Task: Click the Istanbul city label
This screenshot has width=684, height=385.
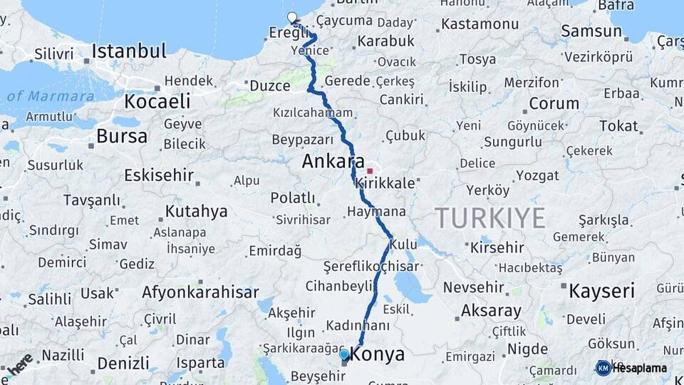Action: (129, 51)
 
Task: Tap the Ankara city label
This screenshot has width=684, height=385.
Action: (333, 161)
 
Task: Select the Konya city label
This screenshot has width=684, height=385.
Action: (378, 354)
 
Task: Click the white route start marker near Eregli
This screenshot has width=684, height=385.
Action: (291, 17)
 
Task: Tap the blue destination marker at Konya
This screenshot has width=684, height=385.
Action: (344, 354)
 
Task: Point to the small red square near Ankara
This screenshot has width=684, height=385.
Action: (369, 170)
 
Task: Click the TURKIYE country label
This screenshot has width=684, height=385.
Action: (490, 217)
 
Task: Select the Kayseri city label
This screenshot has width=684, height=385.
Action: (601, 290)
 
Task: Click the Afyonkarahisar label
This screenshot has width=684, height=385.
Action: (199, 292)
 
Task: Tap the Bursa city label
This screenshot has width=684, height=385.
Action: (122, 136)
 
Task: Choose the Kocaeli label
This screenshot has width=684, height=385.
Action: (157, 101)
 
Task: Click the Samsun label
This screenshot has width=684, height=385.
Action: (591, 31)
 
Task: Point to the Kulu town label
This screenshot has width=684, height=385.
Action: (404, 245)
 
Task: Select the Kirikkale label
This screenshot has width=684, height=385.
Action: (385, 183)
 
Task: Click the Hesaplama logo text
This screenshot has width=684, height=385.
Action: (640, 368)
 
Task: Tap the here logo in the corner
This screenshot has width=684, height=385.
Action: (19, 364)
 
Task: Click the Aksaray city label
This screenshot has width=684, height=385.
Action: (491, 311)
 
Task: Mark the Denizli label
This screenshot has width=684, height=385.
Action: (123, 363)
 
